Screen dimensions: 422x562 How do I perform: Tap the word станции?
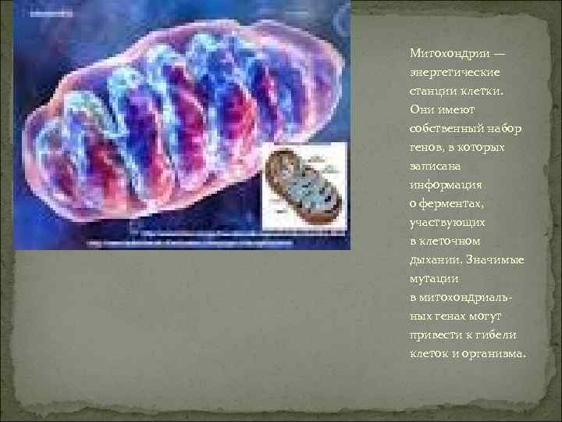[x=431, y=91]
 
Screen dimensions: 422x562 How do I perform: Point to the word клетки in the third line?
[x=480, y=91]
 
